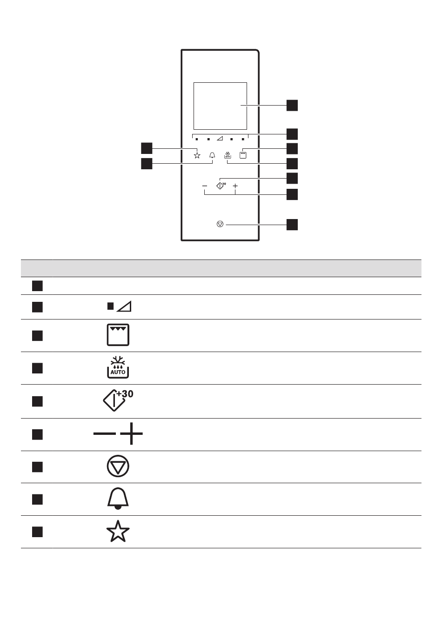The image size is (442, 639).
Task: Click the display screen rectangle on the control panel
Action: [x=220, y=106]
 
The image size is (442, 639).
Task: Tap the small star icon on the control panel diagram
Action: [x=197, y=155]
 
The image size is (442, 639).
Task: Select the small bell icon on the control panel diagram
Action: [x=213, y=155]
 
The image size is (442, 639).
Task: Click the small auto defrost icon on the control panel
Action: [x=228, y=155]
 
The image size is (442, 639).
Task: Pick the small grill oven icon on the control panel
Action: [x=243, y=155]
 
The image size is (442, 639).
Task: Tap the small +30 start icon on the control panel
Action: [x=221, y=186]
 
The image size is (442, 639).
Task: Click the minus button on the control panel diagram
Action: [x=205, y=186]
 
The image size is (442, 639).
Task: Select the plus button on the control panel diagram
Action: [x=235, y=186]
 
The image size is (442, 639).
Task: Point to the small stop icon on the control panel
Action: [x=221, y=224]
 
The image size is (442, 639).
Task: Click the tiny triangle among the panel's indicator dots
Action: [x=220, y=139]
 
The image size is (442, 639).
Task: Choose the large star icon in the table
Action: [x=118, y=532]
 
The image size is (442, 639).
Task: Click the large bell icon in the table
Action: [x=118, y=499]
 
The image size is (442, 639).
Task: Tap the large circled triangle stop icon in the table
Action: [x=118, y=466]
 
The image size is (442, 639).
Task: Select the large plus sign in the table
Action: [x=132, y=434]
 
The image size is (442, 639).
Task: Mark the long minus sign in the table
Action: [x=105, y=434]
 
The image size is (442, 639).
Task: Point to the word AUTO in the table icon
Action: [x=118, y=372]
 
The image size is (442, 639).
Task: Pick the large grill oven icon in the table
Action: [x=118, y=335]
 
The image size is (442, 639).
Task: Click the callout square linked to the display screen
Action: [x=292, y=105]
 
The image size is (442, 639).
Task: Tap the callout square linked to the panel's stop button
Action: [x=292, y=225]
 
